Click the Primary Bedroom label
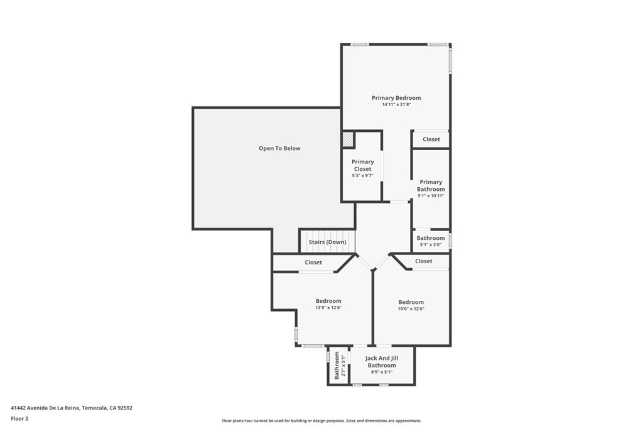pos(396,97)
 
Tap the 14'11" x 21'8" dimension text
pos(396,105)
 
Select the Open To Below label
pos(279,148)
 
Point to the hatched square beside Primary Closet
pos(348,139)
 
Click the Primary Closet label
pos(362,165)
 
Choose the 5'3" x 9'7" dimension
pos(362,175)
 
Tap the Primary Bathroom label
pos(431,185)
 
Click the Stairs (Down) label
pos(327,242)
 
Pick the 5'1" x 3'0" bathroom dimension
pos(431,245)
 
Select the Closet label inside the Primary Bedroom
pos(431,139)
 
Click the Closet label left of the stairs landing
pos(313,263)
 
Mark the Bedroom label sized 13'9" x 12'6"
pos(328,301)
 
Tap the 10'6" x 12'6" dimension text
pos(411,309)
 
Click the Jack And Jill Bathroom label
pos(381,362)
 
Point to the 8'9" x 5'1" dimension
pos(381,372)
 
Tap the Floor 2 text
pos(19,419)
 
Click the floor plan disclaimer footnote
pos(321,421)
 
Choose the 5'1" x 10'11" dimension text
pos(431,196)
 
